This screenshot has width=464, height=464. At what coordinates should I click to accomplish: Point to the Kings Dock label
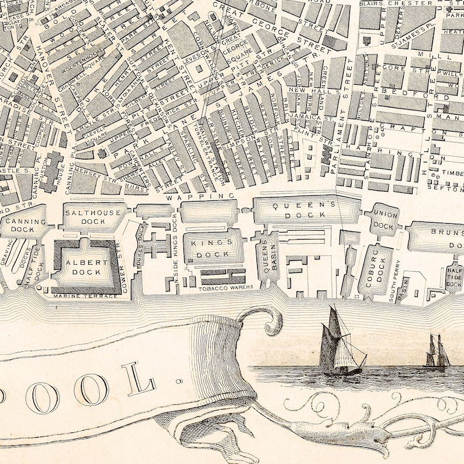[x=212, y=248]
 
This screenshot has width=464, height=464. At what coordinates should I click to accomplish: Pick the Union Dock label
[x=384, y=220]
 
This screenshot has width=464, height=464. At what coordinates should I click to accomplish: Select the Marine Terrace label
[x=85, y=296]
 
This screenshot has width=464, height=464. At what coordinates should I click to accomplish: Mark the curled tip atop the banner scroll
[x=271, y=321]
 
